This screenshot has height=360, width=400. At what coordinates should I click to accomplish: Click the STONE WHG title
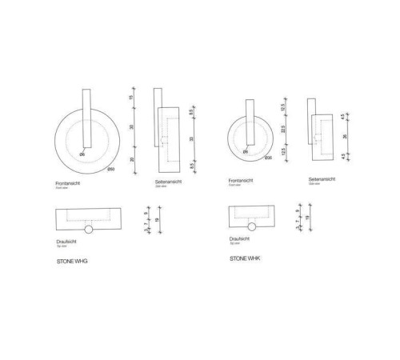click(x=72, y=262)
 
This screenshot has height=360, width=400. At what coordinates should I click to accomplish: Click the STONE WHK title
click(x=246, y=259)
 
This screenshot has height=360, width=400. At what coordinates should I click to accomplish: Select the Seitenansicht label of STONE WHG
click(x=170, y=182)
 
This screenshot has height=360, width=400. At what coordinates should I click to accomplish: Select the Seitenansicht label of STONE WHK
click(x=322, y=179)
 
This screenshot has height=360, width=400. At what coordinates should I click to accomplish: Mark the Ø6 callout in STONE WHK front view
click(x=246, y=150)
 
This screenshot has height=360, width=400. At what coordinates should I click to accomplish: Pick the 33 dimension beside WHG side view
click(x=192, y=138)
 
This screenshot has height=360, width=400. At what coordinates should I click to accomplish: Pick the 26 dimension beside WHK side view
click(x=346, y=134)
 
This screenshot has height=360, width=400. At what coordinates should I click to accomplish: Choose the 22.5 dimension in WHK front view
click(x=282, y=129)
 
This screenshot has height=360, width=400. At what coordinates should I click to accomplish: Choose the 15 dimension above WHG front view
click(x=133, y=98)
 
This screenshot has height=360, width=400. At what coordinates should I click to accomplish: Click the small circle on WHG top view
click(x=88, y=230)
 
